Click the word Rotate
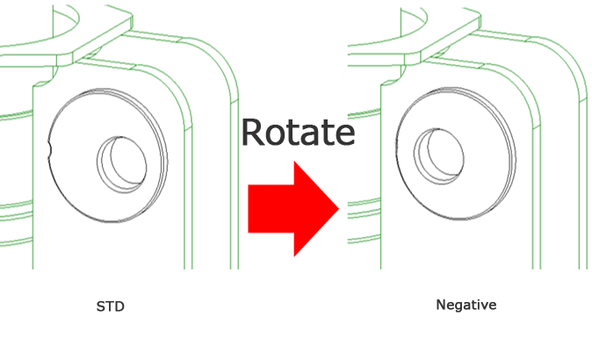[297, 133]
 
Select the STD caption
[111, 306]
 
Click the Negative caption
[466, 305]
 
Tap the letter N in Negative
[441, 305]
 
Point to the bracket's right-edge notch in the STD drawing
[190, 128]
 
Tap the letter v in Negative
[484, 306]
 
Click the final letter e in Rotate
[343, 136]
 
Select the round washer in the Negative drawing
[457, 162]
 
